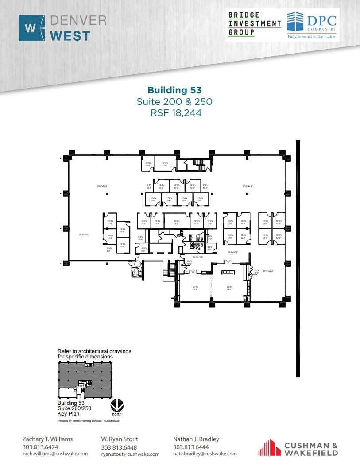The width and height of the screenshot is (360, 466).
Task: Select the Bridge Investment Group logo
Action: point(254,24)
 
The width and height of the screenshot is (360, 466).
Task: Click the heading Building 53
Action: point(174,91)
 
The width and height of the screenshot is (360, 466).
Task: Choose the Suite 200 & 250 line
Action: point(174,102)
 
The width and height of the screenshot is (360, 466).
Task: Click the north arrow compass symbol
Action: point(117,405)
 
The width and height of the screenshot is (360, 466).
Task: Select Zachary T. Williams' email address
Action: point(55,454)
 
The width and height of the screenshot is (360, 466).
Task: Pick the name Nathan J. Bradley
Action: point(196,439)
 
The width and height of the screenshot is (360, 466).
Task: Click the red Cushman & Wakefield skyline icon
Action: point(269,447)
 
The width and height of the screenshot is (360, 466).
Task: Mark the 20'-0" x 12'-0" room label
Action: point(177,222)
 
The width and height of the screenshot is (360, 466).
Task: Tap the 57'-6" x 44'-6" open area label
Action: point(248,186)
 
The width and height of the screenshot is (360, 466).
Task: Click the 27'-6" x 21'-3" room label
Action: point(195,288)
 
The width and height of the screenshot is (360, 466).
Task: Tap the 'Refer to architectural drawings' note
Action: point(94,354)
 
